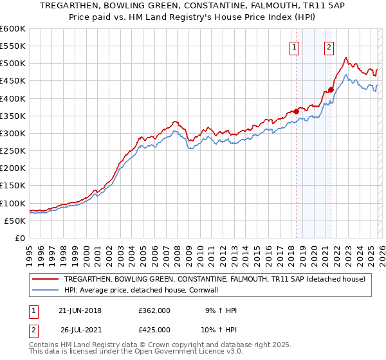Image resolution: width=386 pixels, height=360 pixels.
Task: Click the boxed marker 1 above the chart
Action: [x=295, y=46]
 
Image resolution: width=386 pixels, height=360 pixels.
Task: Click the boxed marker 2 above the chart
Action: [x=329, y=46]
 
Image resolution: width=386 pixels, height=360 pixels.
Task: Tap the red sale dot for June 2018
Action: [x=297, y=111]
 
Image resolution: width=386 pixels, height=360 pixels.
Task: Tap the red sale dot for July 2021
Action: [x=331, y=89]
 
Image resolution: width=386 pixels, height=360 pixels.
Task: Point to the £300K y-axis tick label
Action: [x=12, y=133]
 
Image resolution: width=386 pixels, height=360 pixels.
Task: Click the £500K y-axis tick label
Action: [x=12, y=64]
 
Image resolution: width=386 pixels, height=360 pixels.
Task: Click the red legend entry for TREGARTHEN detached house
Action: [x=215, y=279]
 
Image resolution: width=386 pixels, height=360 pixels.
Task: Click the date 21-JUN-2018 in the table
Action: [x=80, y=310]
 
